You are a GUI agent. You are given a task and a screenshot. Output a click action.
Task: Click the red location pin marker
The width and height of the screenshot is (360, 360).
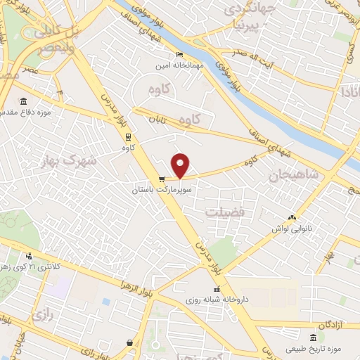pyautogui.click(x=181, y=165)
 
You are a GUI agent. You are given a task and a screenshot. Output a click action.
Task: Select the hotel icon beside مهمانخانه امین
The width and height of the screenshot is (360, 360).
pyautogui.click(x=179, y=55)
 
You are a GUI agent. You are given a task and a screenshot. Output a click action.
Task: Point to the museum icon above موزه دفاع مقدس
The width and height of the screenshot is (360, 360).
pyautogui.click(x=24, y=101)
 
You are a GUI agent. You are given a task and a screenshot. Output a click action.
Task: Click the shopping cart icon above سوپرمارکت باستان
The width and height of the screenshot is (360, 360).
pyautogui.click(x=162, y=179)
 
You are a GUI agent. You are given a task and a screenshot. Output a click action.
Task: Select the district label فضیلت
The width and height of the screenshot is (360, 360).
pyautogui.click(x=223, y=210)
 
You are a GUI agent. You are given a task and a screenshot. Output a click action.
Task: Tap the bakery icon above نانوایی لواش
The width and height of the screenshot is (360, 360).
pyautogui.click(x=292, y=218)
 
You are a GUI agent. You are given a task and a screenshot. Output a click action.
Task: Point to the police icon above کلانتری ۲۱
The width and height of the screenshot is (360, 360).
pyautogui.click(x=29, y=257)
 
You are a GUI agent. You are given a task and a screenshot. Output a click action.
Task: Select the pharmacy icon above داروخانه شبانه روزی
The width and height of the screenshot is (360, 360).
pyautogui.click(x=217, y=289)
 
